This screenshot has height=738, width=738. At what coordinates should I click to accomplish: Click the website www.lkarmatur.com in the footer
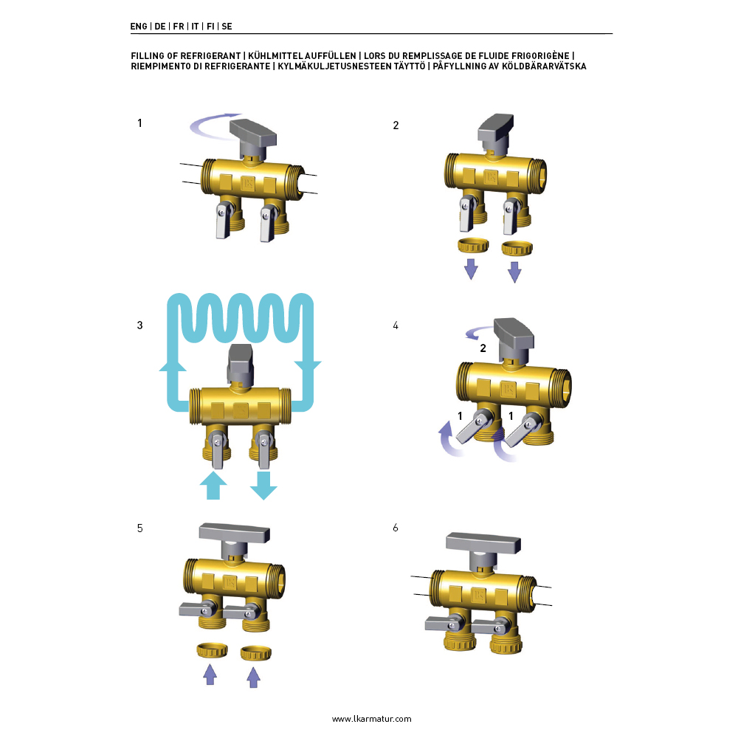pos(371,719)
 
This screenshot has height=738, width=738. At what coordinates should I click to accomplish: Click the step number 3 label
pos(139,325)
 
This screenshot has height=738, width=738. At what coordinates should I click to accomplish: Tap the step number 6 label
pos(396,528)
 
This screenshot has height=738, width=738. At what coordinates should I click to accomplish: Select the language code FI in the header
pos(210,27)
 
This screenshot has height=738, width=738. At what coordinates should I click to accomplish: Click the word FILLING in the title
pos(148,55)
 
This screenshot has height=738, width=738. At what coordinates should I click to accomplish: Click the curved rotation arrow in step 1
pos(212,127)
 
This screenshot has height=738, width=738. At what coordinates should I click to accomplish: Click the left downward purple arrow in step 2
pos(471,269)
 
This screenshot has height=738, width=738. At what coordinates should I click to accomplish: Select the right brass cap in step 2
pos(517,248)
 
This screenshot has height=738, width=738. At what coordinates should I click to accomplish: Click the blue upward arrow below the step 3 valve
pos(213,486)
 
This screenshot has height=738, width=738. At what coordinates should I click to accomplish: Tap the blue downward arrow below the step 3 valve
pos(263,486)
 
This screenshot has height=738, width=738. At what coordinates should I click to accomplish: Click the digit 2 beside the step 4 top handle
pos(483,348)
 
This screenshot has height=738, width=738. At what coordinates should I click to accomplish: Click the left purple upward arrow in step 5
pos(210,675)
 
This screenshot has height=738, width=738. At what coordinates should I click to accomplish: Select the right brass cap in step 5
pos(255,653)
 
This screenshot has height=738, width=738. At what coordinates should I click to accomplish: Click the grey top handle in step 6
pos(483,546)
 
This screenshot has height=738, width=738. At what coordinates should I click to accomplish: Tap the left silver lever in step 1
pos(223,221)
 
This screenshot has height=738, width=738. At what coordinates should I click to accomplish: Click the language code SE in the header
pos(227,27)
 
